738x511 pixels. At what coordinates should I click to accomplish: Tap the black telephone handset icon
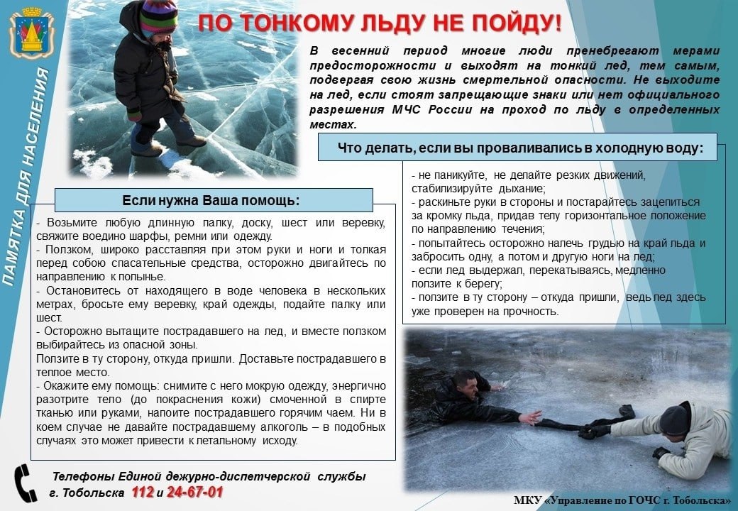(x=26, y=483)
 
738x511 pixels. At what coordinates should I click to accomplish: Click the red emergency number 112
(x=142, y=493)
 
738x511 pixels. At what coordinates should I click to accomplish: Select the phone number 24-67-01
(x=195, y=493)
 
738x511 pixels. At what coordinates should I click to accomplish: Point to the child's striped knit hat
(x=158, y=17)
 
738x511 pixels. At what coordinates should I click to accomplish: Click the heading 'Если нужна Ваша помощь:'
(x=211, y=199)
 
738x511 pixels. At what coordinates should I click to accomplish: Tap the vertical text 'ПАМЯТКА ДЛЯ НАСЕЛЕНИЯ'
(x=28, y=177)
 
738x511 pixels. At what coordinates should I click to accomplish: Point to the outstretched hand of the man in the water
(x=530, y=417)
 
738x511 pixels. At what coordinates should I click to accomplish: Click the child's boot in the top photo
(x=147, y=148)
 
